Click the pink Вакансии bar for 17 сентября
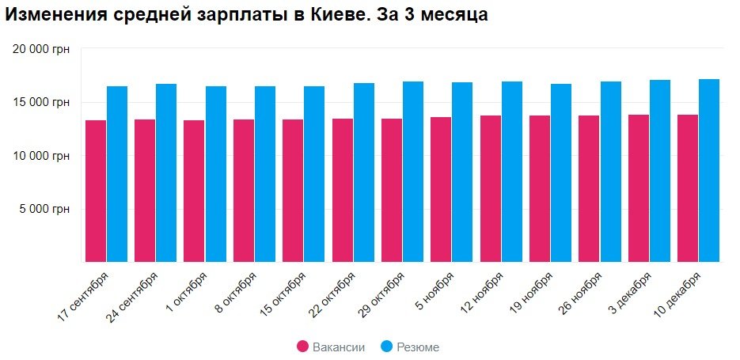pos(96,191)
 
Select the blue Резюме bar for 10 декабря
pos(709,170)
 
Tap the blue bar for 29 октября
pos(413,172)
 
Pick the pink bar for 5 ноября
pos(441,189)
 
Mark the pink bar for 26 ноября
pos(589,188)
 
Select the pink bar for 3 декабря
pos(639,188)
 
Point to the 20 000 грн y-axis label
pos(42,49)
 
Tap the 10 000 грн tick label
pos(42,156)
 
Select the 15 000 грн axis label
pos(42,102)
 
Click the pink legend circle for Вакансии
pos(302,347)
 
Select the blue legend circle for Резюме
pos(386,347)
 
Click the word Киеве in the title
pos(355,15)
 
